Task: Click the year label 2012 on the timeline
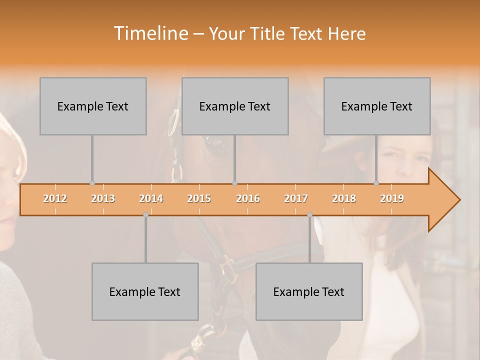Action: (55, 199)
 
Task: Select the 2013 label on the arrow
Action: (103, 199)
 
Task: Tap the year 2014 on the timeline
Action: (151, 199)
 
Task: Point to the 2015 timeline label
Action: (199, 199)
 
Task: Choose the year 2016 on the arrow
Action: (248, 199)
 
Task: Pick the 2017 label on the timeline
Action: (296, 199)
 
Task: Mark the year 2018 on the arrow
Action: (344, 199)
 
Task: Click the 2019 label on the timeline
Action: (392, 199)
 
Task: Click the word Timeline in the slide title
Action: (150, 33)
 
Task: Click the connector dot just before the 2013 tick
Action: (92, 183)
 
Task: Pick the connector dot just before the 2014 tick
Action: (145, 215)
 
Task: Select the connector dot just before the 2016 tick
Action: (234, 183)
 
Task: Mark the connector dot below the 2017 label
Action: (309, 215)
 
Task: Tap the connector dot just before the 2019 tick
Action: (376, 183)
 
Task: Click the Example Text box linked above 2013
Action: (93, 106)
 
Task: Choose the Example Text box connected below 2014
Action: (145, 291)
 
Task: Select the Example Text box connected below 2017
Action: (309, 291)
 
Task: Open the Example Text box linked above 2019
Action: (377, 106)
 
